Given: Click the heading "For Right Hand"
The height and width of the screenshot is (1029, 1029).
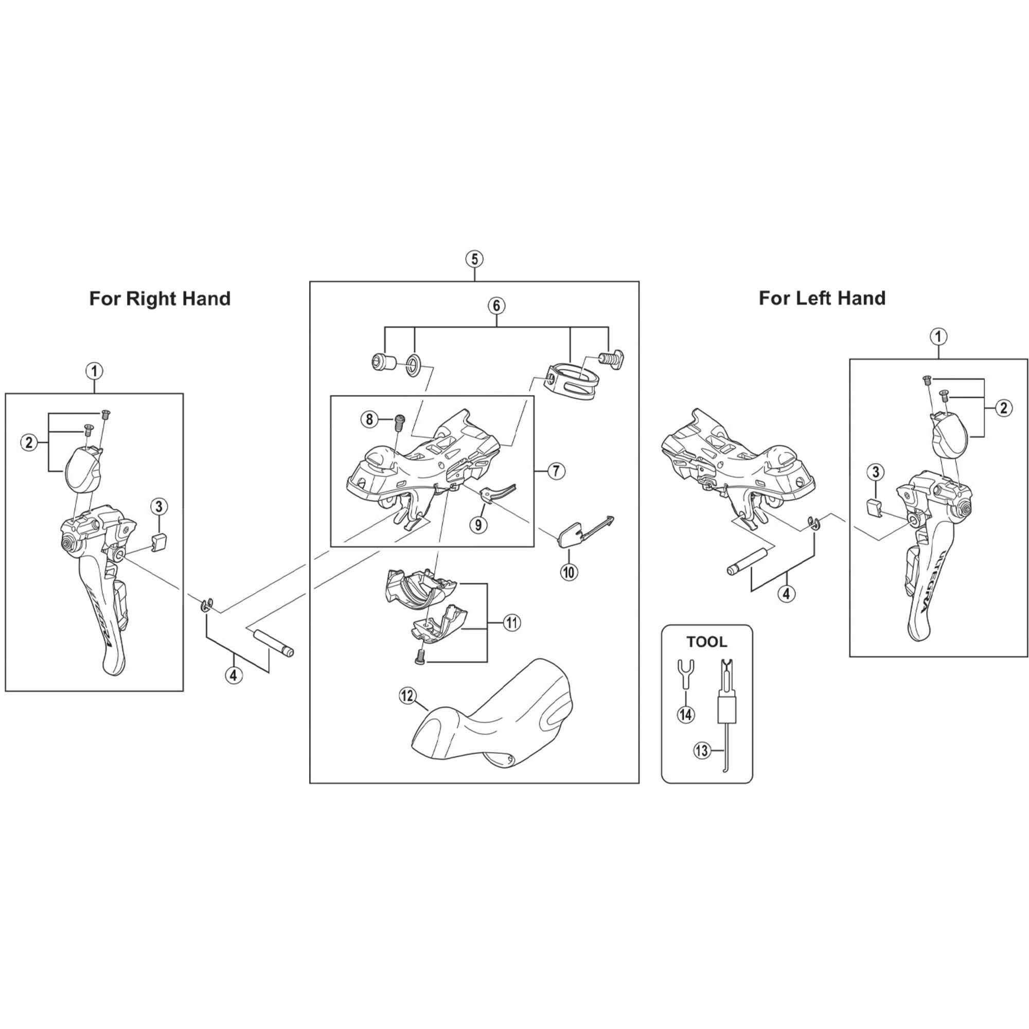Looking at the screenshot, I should coord(160,299).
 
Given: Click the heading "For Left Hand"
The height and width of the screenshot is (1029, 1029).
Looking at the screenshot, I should coord(822,298).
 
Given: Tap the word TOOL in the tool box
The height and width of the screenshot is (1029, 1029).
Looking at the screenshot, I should coord(707,642).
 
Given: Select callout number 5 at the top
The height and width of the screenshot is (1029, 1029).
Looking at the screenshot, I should coord(474,259).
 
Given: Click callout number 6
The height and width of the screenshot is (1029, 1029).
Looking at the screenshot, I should coord(496,306).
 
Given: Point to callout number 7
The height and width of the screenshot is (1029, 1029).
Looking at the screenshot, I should coord(556,471).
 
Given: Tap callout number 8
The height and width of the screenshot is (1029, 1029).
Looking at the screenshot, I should coord(369,419).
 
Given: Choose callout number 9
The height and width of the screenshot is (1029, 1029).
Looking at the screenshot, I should coord(478,525).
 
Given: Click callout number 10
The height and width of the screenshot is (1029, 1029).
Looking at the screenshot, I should coord(569,573).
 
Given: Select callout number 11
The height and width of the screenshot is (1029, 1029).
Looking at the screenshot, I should coord(511,622).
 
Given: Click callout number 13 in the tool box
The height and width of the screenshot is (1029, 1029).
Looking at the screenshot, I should coord(702,751).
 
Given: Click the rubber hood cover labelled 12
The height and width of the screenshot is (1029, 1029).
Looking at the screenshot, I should coord(490,724).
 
